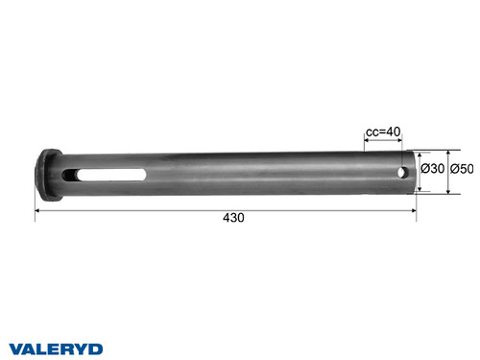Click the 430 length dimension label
(233, 218)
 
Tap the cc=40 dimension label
(385, 132)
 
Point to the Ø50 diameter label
(465, 169)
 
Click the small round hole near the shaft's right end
(401, 172)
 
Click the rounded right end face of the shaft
(415, 169)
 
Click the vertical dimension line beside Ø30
(422, 169)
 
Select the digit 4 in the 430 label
(226, 218)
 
